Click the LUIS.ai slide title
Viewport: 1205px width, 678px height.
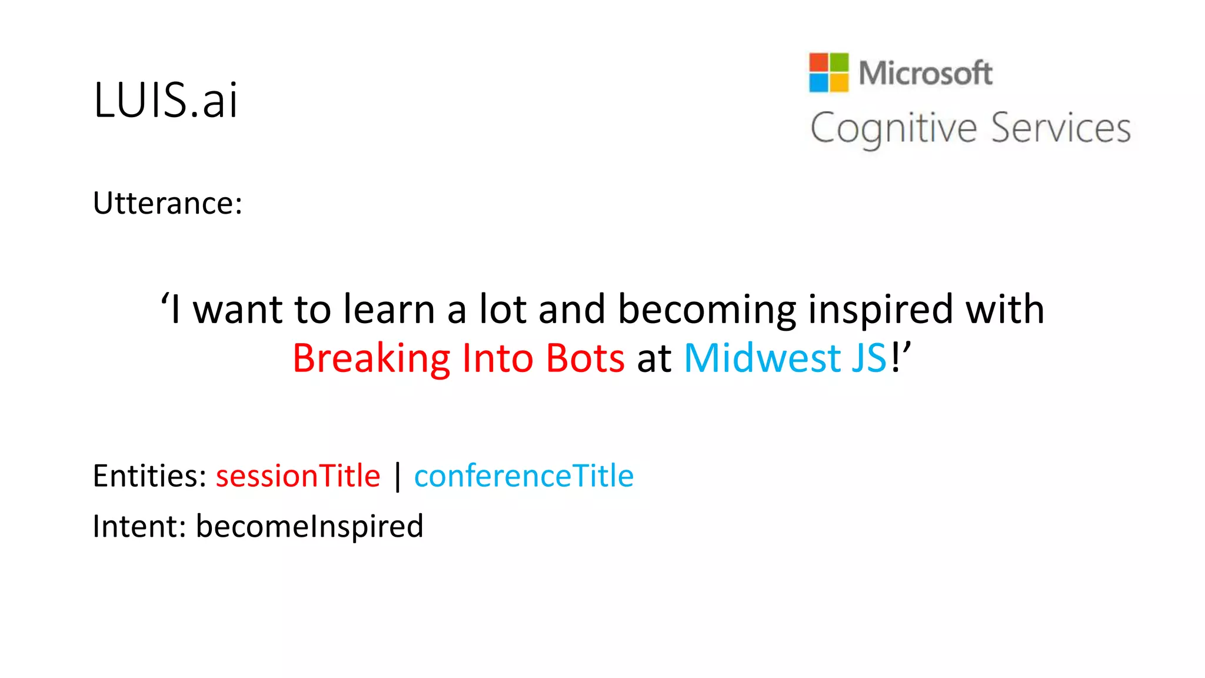tap(165, 100)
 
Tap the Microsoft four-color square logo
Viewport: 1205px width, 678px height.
tap(828, 72)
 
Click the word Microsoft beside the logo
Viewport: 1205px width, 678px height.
tap(925, 74)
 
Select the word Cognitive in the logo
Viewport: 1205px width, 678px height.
tap(893, 128)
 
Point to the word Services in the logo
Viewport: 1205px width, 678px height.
tap(1060, 128)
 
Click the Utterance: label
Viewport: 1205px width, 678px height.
tap(168, 203)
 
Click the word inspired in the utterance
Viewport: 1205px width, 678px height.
tap(881, 310)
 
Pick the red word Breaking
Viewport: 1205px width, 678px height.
tap(371, 358)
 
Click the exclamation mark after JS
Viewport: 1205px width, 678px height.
tap(895, 358)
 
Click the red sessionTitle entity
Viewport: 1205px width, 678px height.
tap(298, 476)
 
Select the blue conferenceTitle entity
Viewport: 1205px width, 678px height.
tap(524, 476)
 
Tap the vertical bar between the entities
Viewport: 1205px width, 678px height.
tap(398, 476)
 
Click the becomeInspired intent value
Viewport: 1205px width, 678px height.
tap(309, 526)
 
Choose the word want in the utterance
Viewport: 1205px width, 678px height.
tap(238, 310)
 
